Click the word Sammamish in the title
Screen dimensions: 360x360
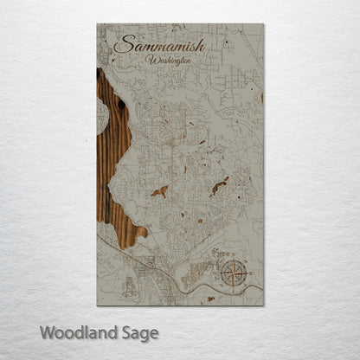coord(159,44)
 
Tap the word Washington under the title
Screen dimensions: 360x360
coord(170,61)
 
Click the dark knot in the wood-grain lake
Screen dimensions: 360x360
coord(121,104)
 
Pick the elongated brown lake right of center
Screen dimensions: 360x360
coord(220,185)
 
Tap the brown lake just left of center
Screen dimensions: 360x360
coord(159,192)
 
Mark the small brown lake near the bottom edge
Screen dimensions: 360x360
coord(209,299)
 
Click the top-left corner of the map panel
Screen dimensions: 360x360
coord(98,24)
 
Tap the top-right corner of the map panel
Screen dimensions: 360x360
coord(263,24)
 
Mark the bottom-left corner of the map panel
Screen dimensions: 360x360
coord(98,305)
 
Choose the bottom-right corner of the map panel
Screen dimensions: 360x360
coord(263,305)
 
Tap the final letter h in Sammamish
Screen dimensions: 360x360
coord(200,45)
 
